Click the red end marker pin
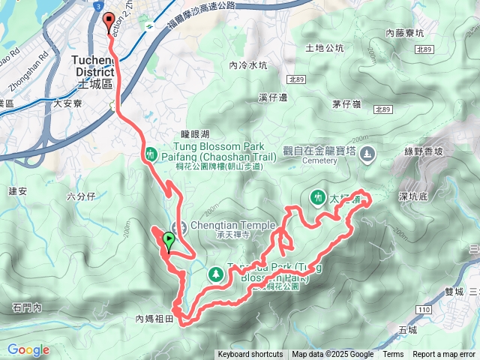pyautogui.click(x=109, y=22)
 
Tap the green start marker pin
pyautogui.click(x=169, y=241)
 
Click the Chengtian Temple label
pyautogui.click(x=217, y=226)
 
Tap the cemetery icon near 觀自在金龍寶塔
pyautogui.click(x=367, y=155)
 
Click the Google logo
pyautogui.click(x=28, y=349)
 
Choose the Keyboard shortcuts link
pyautogui.click(x=250, y=355)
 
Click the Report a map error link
pyautogui.click(x=443, y=355)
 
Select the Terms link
pyautogui.click(x=393, y=355)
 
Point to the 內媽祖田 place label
pyautogui.click(x=154, y=319)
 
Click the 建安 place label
pyautogui.click(x=18, y=191)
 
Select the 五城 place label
pyautogui.click(x=408, y=329)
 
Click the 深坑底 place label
pyautogui.click(x=413, y=196)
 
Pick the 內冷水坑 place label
pyautogui.click(x=248, y=65)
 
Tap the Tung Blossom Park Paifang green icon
pyautogui.click(x=150, y=154)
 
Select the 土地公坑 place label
pyautogui.click(x=325, y=48)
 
